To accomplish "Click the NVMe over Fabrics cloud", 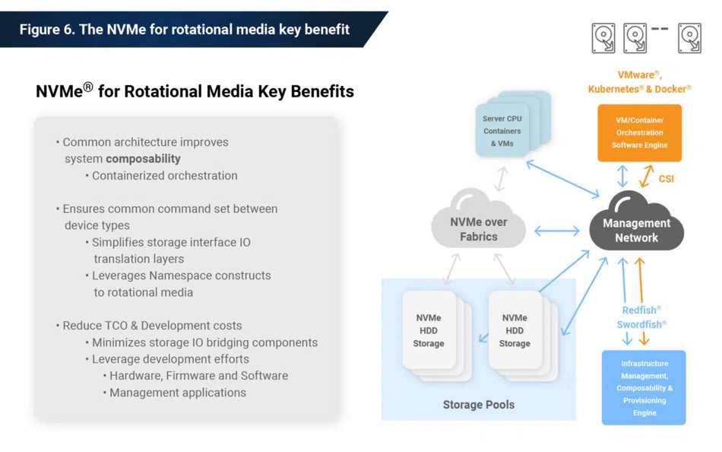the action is [x=478, y=220].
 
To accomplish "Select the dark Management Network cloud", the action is [x=636, y=222].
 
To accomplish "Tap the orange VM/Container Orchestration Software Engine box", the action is [x=640, y=133].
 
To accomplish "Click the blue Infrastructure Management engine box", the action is [x=644, y=387].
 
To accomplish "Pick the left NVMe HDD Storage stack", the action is [x=435, y=336].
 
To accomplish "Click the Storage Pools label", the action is [x=478, y=405].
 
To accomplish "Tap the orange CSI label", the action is [x=667, y=179].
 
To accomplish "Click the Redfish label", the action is [x=641, y=310].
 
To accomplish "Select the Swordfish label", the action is [x=641, y=324].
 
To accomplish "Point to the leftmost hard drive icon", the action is [x=603, y=38].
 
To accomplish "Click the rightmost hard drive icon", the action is [x=690, y=38].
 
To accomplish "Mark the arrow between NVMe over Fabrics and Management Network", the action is [x=556, y=231].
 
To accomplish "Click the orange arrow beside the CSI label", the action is [x=647, y=176].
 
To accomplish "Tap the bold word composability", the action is [x=143, y=159].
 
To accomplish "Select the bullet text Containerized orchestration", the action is [x=165, y=176].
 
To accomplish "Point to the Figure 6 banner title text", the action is [x=184, y=30].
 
